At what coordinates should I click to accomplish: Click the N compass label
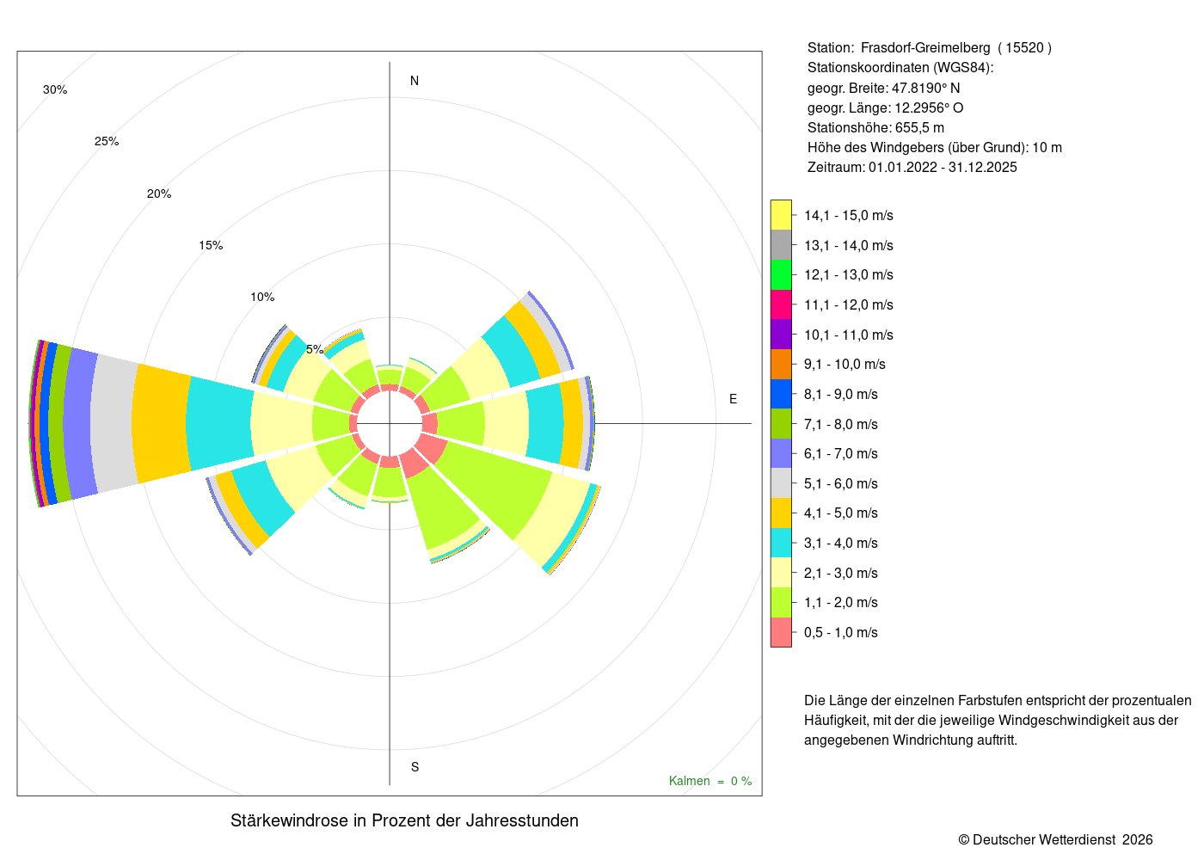414,81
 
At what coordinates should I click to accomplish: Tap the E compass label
733,399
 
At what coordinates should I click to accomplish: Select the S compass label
415,767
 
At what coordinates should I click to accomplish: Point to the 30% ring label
55,89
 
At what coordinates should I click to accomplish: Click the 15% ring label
211,246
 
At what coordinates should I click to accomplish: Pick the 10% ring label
262,297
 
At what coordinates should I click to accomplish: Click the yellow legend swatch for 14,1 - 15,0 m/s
781,215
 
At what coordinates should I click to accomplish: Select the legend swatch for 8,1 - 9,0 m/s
781,394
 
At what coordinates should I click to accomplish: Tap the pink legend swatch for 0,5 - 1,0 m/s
781,632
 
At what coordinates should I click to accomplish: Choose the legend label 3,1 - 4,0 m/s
841,543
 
